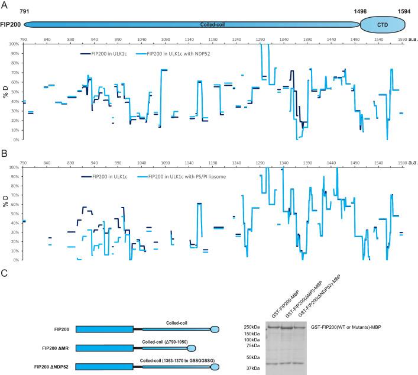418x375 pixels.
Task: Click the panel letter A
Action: coord(5,5)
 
